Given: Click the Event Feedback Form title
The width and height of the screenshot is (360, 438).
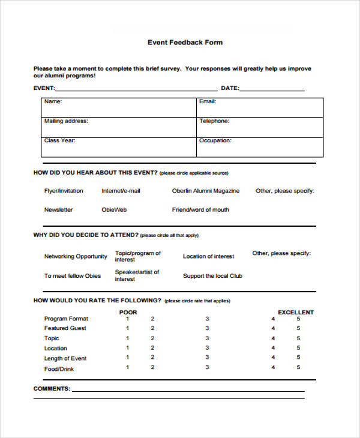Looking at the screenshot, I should (185, 43).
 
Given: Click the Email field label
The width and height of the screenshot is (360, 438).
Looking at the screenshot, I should (207, 101).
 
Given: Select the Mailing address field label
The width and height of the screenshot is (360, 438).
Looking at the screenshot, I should (66, 121).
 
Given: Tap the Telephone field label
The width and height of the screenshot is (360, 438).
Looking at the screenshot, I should (214, 121).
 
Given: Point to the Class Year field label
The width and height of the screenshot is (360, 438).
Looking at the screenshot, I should (59, 141).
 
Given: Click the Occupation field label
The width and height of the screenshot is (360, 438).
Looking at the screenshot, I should (215, 141).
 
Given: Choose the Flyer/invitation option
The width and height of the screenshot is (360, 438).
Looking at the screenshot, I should (64, 191).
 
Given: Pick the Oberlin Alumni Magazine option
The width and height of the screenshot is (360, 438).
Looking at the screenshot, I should (205, 191).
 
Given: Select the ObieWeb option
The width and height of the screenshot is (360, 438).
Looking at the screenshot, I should (114, 210).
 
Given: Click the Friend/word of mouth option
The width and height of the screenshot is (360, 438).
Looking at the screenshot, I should (200, 210).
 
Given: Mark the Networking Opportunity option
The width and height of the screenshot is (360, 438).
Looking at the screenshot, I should (76, 256).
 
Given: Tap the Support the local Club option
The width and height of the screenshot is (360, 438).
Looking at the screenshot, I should (212, 276).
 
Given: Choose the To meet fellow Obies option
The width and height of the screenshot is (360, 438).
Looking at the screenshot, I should (73, 276).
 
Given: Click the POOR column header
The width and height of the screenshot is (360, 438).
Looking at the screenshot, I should (128, 312).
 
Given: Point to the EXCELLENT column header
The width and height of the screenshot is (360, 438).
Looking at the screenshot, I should (295, 312).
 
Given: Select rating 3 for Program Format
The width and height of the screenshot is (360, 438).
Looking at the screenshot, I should (208, 319).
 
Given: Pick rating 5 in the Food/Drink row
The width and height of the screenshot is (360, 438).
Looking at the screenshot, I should (298, 368).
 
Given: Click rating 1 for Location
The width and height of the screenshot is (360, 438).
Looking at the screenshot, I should (127, 348).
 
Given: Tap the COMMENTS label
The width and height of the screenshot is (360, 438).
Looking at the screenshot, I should (52, 389).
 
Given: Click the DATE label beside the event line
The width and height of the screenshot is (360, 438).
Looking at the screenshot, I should (230, 88).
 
